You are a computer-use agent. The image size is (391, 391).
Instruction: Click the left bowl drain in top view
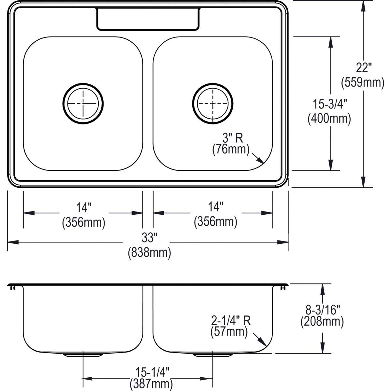point(83,104)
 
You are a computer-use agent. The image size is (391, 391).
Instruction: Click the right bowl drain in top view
point(213,104)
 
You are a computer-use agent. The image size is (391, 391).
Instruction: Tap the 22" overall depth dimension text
point(363,68)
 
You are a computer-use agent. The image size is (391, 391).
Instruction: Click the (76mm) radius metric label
point(231,150)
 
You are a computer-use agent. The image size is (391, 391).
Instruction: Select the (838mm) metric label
point(149,253)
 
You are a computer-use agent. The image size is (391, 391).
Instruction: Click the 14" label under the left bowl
point(83,207)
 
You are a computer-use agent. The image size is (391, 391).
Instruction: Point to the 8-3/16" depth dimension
point(322,308)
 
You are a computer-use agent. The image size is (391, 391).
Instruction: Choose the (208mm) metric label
point(322,322)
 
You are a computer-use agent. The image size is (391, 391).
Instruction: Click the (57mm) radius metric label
point(229,332)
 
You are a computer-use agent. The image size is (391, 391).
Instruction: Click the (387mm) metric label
point(151,384)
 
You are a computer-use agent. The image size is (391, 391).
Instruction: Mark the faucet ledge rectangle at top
point(148,19)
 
